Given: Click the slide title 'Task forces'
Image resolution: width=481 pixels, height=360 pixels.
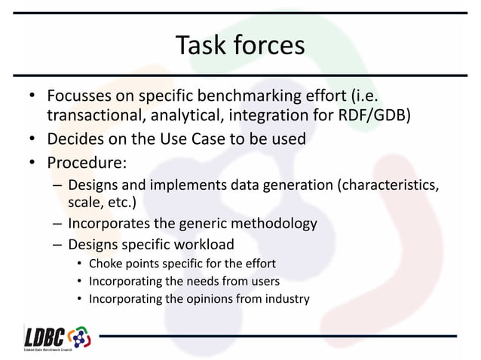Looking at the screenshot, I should (x=240, y=45).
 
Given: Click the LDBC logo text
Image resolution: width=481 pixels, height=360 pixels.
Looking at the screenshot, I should (x=45, y=336).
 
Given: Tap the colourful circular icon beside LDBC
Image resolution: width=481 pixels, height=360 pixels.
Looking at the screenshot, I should (x=78, y=337).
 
